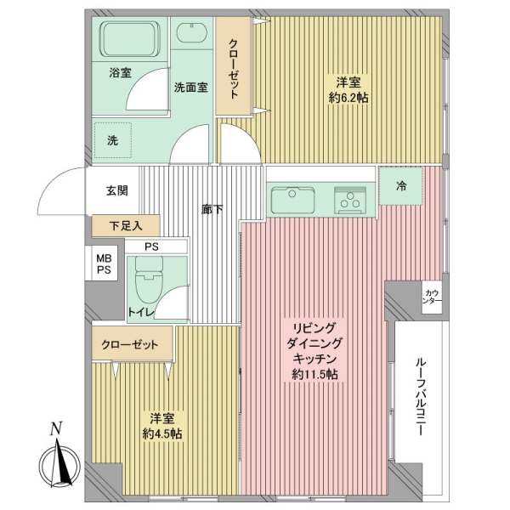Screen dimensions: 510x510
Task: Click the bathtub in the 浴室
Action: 132,39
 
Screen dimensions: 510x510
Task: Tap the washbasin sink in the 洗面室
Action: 192,32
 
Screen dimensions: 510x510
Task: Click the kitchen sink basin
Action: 292,200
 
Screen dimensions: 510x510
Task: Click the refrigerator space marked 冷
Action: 400,186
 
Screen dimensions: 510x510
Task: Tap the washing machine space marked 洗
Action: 113,140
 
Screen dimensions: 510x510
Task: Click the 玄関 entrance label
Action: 116,190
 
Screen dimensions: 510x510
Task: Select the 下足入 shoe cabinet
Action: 126,225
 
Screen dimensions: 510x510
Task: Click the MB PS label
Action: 104,264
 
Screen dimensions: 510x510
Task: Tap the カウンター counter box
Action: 433,297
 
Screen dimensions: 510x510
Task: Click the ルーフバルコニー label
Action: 420,396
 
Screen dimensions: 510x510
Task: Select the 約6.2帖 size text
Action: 348,98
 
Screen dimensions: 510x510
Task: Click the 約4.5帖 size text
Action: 162,433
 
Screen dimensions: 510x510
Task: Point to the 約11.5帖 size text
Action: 314,375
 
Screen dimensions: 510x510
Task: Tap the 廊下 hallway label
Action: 212,209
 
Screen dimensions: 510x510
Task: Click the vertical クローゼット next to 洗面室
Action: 234,66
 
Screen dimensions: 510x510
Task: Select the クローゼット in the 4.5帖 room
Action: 132,343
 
